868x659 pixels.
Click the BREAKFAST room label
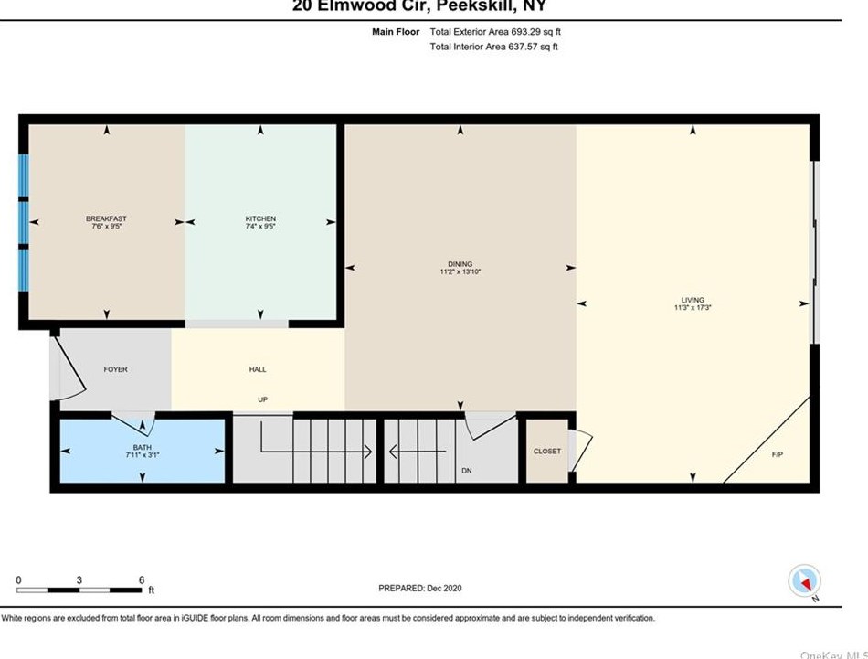106,218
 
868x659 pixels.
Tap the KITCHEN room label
260,218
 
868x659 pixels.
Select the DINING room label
460,264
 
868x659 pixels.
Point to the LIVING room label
693,300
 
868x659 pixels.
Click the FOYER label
115,369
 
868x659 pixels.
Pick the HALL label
258,369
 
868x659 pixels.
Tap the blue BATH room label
141,445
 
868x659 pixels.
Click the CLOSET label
547,451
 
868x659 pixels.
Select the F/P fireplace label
778,454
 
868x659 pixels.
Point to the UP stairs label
261,399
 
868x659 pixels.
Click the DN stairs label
466,471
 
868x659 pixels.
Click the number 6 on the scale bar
141,580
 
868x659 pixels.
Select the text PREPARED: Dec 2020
427,588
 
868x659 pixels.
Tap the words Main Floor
396,32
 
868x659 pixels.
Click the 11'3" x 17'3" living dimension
693,308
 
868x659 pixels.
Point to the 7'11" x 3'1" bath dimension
141,453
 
